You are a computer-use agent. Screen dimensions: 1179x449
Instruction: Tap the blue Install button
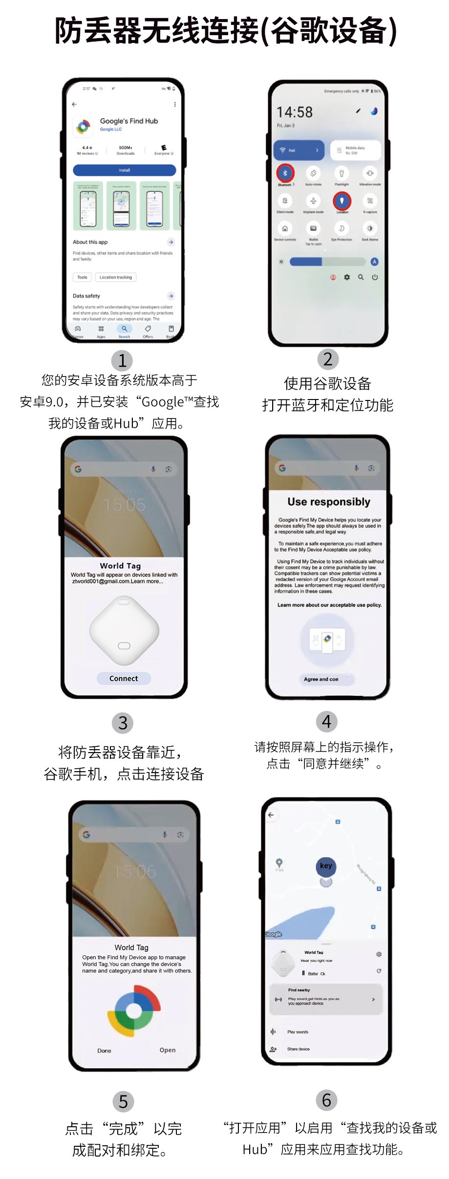(x=124, y=170)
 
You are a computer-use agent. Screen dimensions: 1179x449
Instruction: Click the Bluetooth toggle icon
(x=285, y=173)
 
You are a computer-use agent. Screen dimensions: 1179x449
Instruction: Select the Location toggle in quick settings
(x=342, y=200)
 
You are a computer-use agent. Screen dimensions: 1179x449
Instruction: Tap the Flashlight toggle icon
(x=342, y=173)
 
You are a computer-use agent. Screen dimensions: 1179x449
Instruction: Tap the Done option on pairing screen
(x=104, y=1051)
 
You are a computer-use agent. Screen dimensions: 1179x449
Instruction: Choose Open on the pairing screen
(x=168, y=1050)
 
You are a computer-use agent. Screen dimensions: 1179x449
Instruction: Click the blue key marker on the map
(x=326, y=866)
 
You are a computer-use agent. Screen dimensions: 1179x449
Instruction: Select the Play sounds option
(x=298, y=1032)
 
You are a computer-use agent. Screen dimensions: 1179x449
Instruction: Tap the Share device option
(x=298, y=1049)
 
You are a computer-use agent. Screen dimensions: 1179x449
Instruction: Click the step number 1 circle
(x=122, y=361)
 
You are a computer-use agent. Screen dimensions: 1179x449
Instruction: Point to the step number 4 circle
(x=327, y=721)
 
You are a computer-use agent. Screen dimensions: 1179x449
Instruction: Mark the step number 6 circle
(x=327, y=1100)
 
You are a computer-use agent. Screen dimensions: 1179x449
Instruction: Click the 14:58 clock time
(x=295, y=112)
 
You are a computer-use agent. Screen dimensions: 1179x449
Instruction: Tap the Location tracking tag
(x=116, y=277)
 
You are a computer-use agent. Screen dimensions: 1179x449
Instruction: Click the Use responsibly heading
(x=329, y=502)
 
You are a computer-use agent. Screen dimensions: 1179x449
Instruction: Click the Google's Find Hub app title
(x=129, y=121)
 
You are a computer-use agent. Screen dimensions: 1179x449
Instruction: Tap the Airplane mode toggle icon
(x=313, y=201)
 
